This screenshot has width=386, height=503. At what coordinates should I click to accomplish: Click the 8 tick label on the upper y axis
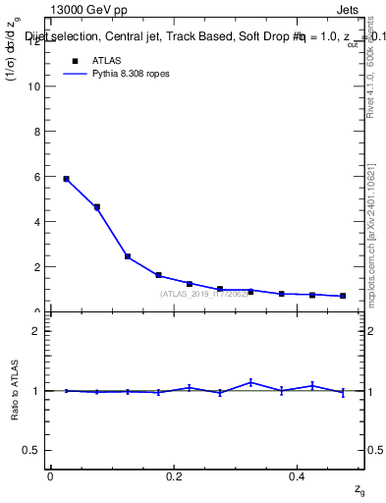pos(39,131)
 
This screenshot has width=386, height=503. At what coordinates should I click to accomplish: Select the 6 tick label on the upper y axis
pos(39,176)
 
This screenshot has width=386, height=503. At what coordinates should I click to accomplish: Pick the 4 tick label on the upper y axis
pos(39,221)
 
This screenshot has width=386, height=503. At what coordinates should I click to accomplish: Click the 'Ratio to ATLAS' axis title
pos(16,390)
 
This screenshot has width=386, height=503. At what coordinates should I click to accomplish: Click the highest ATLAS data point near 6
pos(66,179)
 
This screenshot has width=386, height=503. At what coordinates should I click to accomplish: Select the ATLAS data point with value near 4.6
pos(96,207)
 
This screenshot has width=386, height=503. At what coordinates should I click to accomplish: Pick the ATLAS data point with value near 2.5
pos(128,256)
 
